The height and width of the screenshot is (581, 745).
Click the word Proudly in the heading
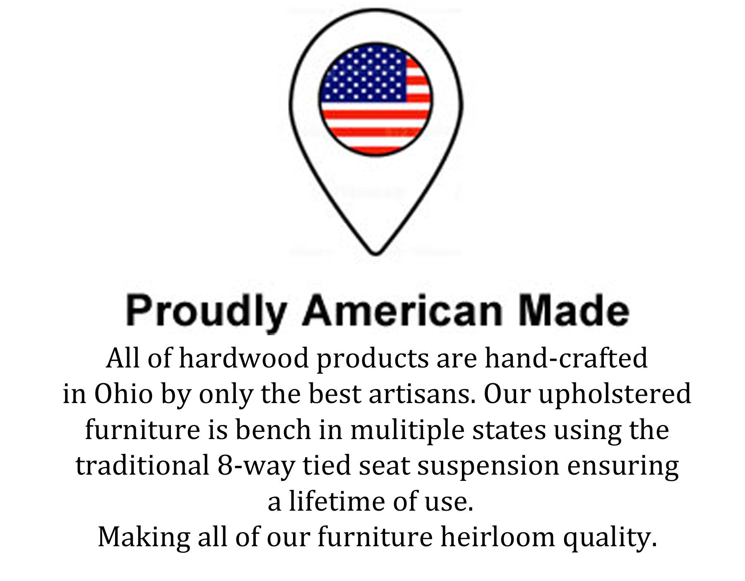pos(206,311)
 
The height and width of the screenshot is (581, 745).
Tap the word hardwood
pos(244,358)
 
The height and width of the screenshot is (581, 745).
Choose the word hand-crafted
pos(566,358)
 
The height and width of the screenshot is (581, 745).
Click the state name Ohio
pos(123,394)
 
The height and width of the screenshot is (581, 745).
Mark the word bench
pos(273,430)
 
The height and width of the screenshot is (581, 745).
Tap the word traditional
pos(142,466)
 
